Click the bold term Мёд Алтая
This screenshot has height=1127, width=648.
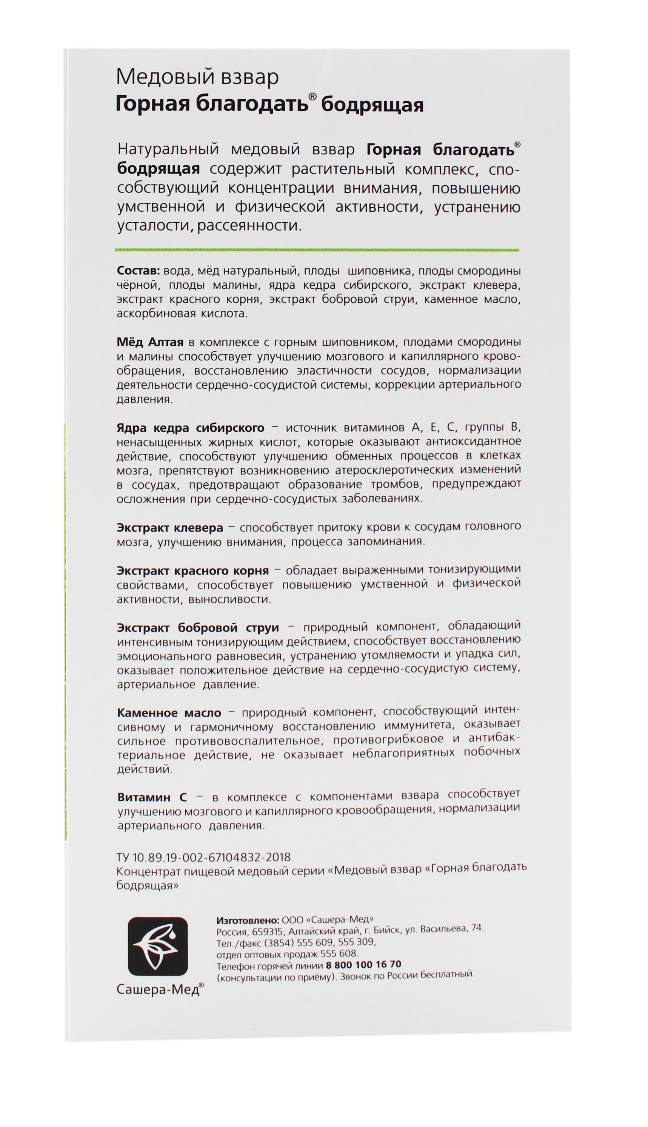pos(150,342)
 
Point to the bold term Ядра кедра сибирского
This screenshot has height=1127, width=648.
pos(190,428)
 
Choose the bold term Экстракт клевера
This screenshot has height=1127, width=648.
pos(169,528)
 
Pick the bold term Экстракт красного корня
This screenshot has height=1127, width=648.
pos(193,571)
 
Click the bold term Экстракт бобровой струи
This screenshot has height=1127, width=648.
pos(198,628)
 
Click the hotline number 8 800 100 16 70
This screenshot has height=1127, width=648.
pos(363,965)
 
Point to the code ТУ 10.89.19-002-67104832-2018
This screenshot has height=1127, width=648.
pos(203,857)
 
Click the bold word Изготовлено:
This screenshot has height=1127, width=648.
pos(248,919)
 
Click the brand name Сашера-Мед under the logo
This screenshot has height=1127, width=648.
pos(158,988)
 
